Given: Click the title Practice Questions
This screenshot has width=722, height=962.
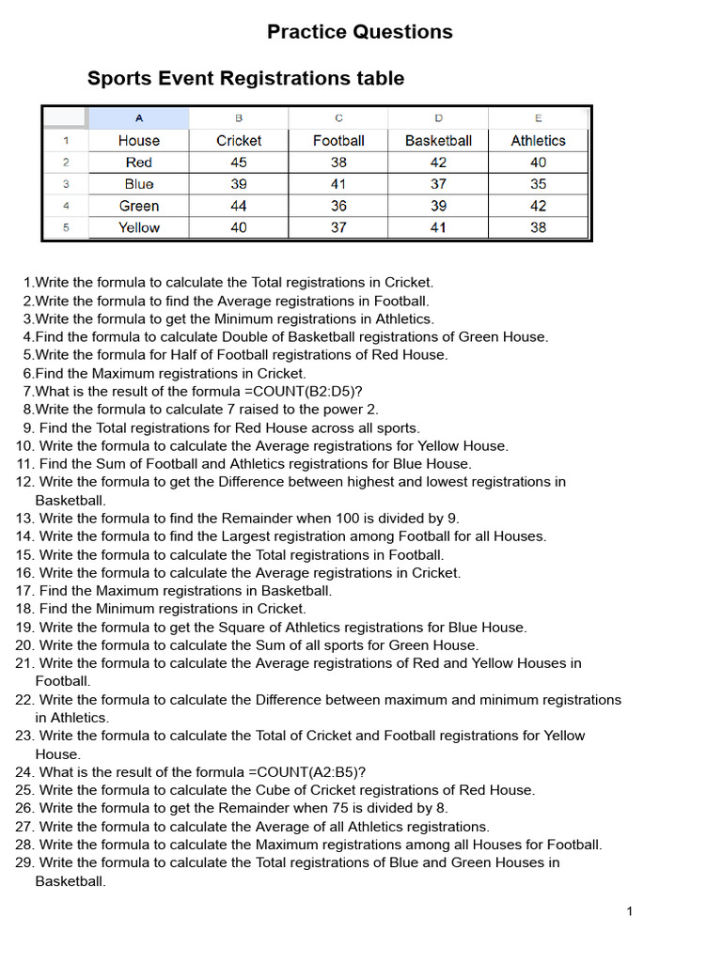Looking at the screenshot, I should tap(359, 32).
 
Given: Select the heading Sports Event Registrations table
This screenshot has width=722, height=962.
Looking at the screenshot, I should tap(245, 79).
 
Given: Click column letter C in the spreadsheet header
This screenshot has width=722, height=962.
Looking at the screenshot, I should tap(338, 118).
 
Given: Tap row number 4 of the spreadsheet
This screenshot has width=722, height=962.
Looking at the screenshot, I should tap(66, 206).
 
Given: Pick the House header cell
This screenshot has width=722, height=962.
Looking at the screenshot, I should tap(139, 141).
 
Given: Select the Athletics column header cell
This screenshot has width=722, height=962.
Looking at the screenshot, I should tap(538, 141).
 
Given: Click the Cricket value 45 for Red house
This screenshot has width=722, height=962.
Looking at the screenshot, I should tap(239, 163).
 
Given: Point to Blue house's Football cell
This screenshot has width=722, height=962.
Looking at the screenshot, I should tap(338, 184).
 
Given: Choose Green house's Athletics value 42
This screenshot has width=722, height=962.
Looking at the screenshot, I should tap(538, 206).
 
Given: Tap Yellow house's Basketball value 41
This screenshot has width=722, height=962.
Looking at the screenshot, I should tap(438, 227).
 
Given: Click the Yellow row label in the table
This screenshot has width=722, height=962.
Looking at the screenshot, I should tap(139, 227).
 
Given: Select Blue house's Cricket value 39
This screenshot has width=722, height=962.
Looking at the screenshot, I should tap(239, 184).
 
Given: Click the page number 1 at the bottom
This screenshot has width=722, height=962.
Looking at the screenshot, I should tap(630, 911).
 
